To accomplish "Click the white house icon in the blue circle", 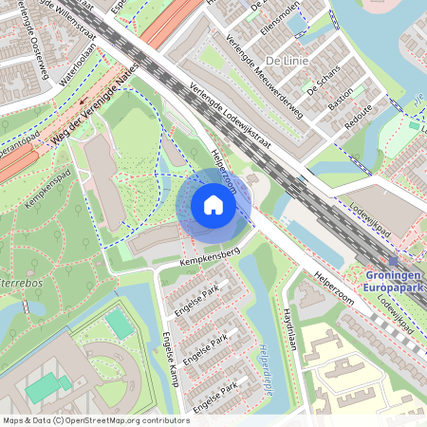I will tap(213, 205).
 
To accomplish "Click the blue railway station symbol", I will tap(394, 260).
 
